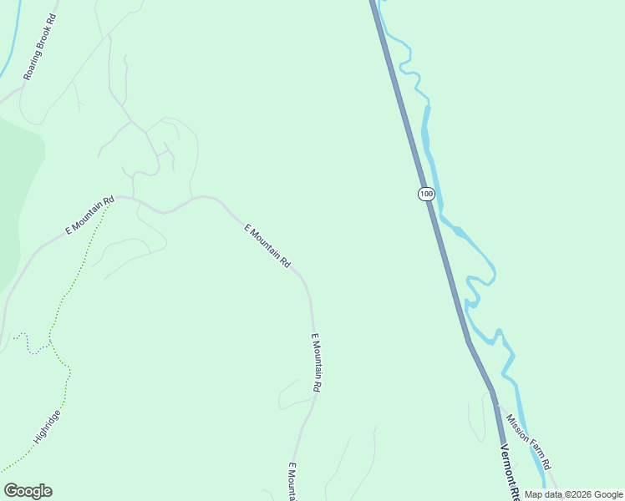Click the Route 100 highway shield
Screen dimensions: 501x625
[x=426, y=194]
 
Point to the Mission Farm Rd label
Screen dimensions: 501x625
[x=529, y=440]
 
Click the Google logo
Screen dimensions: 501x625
[x=28, y=491]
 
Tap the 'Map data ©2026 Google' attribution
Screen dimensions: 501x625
[x=573, y=494]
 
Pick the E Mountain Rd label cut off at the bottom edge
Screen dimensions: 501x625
[x=292, y=482]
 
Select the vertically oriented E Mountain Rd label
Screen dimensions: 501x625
[x=316, y=363]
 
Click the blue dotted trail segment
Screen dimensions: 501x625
[x=33, y=347]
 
